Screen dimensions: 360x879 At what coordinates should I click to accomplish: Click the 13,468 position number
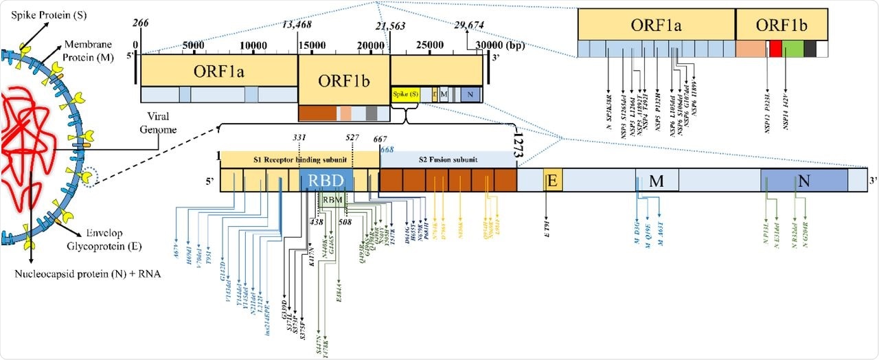point(297,25)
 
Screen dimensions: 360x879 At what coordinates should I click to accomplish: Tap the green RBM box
point(332,201)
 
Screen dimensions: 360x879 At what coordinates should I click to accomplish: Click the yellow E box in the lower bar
point(553,179)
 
